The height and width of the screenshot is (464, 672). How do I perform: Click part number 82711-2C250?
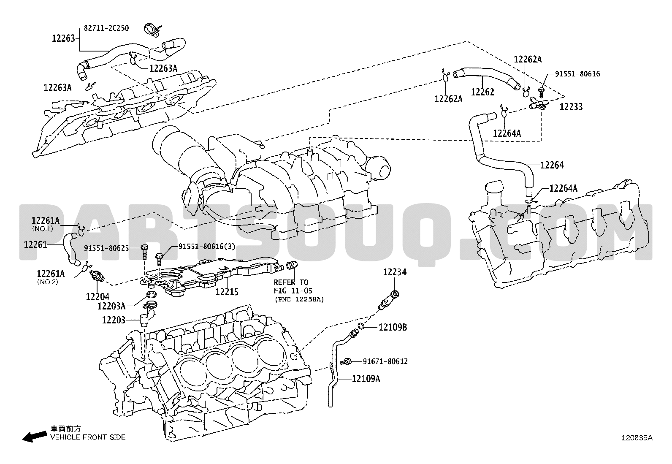tap(106, 28)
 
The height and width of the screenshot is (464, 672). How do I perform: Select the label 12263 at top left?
tap(63, 38)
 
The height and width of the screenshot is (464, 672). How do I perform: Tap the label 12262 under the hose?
tap(482, 92)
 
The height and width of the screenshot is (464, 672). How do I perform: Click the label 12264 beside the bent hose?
tap(552, 165)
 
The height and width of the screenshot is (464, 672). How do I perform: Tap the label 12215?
tap(227, 292)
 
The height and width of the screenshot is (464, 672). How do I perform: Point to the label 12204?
tap(98, 296)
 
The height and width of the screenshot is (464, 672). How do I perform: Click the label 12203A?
tap(111, 306)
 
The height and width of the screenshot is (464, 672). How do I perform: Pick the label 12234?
tap(395, 272)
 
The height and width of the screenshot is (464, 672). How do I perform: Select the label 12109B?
tap(393, 327)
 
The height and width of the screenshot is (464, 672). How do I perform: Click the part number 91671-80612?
tap(385, 361)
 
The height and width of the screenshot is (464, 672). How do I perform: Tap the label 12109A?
tap(366, 379)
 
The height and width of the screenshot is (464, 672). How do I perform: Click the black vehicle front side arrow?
tap(34, 437)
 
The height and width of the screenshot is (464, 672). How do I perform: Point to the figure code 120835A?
tap(636, 438)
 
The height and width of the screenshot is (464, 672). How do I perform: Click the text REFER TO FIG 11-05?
tap(291, 286)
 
